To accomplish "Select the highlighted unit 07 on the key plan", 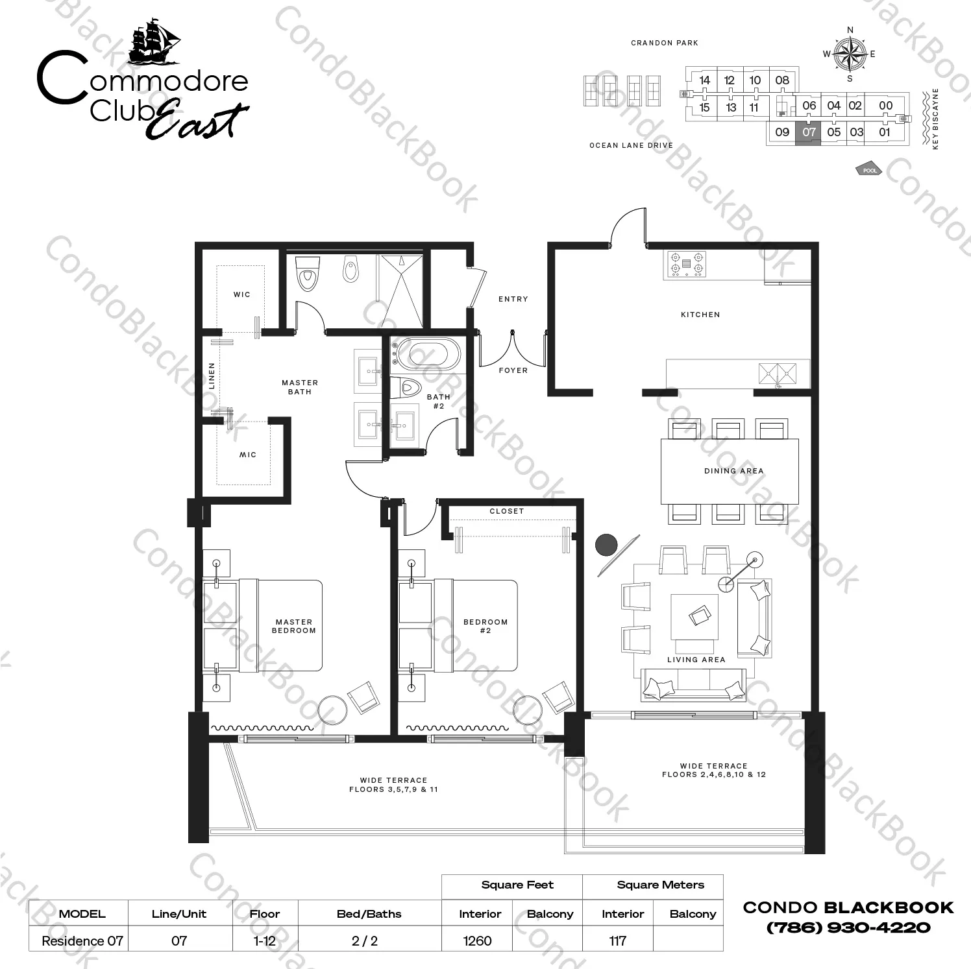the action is point(808,133).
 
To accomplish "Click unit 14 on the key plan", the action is point(704,80).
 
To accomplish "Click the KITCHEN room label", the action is point(700,315).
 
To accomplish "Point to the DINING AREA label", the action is point(733,471).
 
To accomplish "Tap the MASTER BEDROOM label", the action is point(294,626).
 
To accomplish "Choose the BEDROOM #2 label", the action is point(485,626).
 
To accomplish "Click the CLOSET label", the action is point(506,511).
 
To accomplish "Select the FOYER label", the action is point(513,370).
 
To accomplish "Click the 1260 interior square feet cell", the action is point(478,940).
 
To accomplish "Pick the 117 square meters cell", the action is point(618,940).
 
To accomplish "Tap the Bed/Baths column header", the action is point(369,914).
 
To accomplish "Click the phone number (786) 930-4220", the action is point(849,927).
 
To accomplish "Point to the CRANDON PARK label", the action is point(665,43).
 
